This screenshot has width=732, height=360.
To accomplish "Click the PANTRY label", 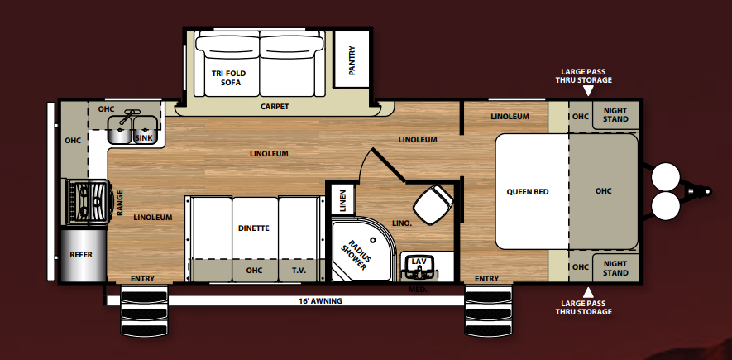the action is point(352,60).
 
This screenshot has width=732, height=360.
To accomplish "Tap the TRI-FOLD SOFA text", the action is point(229,78).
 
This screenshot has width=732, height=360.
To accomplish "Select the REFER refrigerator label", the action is point(81,255).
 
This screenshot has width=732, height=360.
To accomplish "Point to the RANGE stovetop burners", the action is point(89,202).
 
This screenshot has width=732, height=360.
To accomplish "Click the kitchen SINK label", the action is point(144,138).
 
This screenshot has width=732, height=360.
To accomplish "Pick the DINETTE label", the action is point(253,228).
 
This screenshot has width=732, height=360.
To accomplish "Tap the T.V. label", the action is point(299,271).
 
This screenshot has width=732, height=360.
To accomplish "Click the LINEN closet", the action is point(343,200).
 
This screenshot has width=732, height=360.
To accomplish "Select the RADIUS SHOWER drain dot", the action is point(373,240).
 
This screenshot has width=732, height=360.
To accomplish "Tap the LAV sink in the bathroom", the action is point(419,266).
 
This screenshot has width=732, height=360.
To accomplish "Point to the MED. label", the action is point(418,290).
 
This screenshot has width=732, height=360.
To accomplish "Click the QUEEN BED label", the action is point(528,192).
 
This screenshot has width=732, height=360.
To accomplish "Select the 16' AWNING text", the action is point(320,301).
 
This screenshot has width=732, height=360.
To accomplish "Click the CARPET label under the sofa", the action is point(275,107).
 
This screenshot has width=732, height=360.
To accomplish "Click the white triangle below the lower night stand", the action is point(588,292).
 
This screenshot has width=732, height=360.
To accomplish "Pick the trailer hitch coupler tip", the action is point(708,191).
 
